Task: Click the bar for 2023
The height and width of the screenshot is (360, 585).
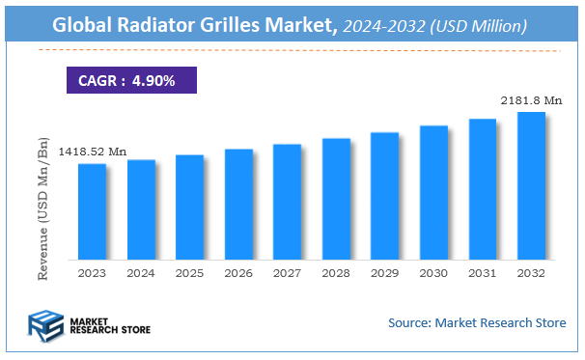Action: point(93,211)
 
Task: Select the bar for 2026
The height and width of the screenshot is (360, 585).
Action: point(238,205)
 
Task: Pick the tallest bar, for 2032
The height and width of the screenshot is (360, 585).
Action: point(531,185)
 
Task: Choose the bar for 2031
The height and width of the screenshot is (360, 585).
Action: point(482,189)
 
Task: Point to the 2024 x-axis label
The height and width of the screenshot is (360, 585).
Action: point(141,274)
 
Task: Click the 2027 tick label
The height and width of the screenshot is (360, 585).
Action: point(287,274)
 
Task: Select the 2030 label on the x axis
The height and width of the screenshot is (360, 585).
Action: point(433,274)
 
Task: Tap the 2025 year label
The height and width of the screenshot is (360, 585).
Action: point(189,274)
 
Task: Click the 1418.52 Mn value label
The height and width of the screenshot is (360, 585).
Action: point(92,152)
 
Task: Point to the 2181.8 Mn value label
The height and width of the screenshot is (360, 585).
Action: point(530,100)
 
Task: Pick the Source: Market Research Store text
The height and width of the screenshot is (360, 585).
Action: point(477,322)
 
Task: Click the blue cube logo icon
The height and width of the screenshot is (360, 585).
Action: point(45,325)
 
